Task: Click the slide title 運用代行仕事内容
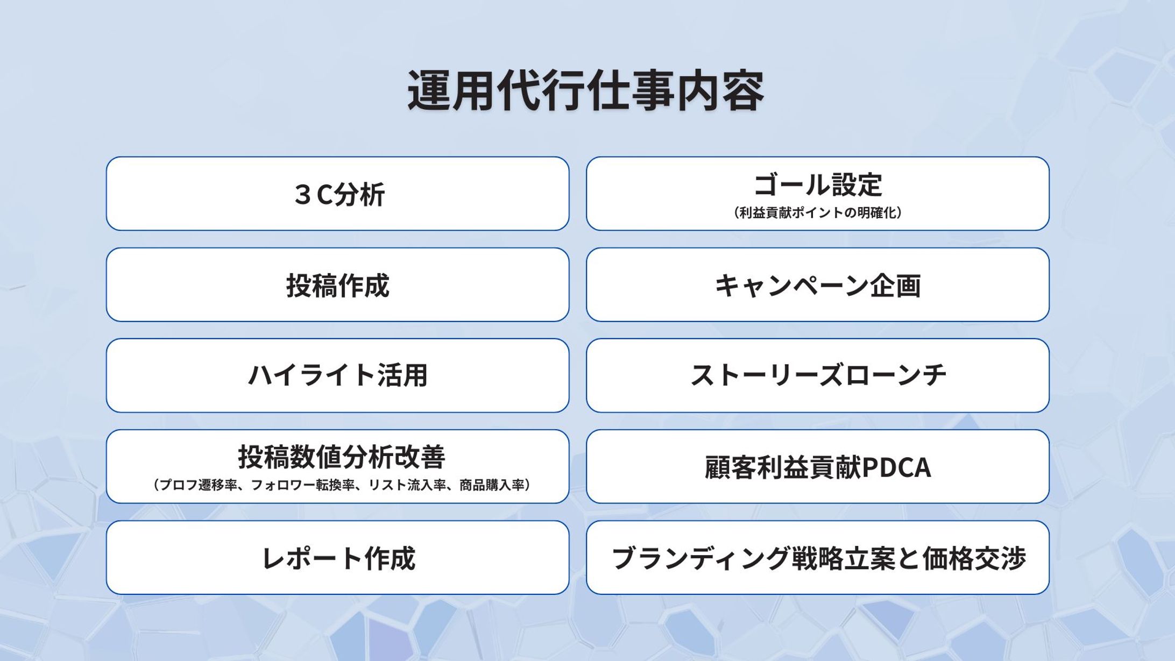[586, 91]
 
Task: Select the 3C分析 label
[339, 195]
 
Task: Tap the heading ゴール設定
[817, 184]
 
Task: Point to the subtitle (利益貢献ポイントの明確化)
[817, 213]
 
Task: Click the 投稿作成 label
[337, 286]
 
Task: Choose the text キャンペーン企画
[817, 286]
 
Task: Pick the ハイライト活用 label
[337, 375]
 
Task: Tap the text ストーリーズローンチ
[817, 375]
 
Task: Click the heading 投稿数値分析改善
[342, 457]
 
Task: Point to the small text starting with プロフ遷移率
[342, 485]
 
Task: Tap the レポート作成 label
[337, 558]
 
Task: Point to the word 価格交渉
[974, 558]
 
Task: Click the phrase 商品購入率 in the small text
[491, 485]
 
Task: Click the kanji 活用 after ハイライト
[402, 375]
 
